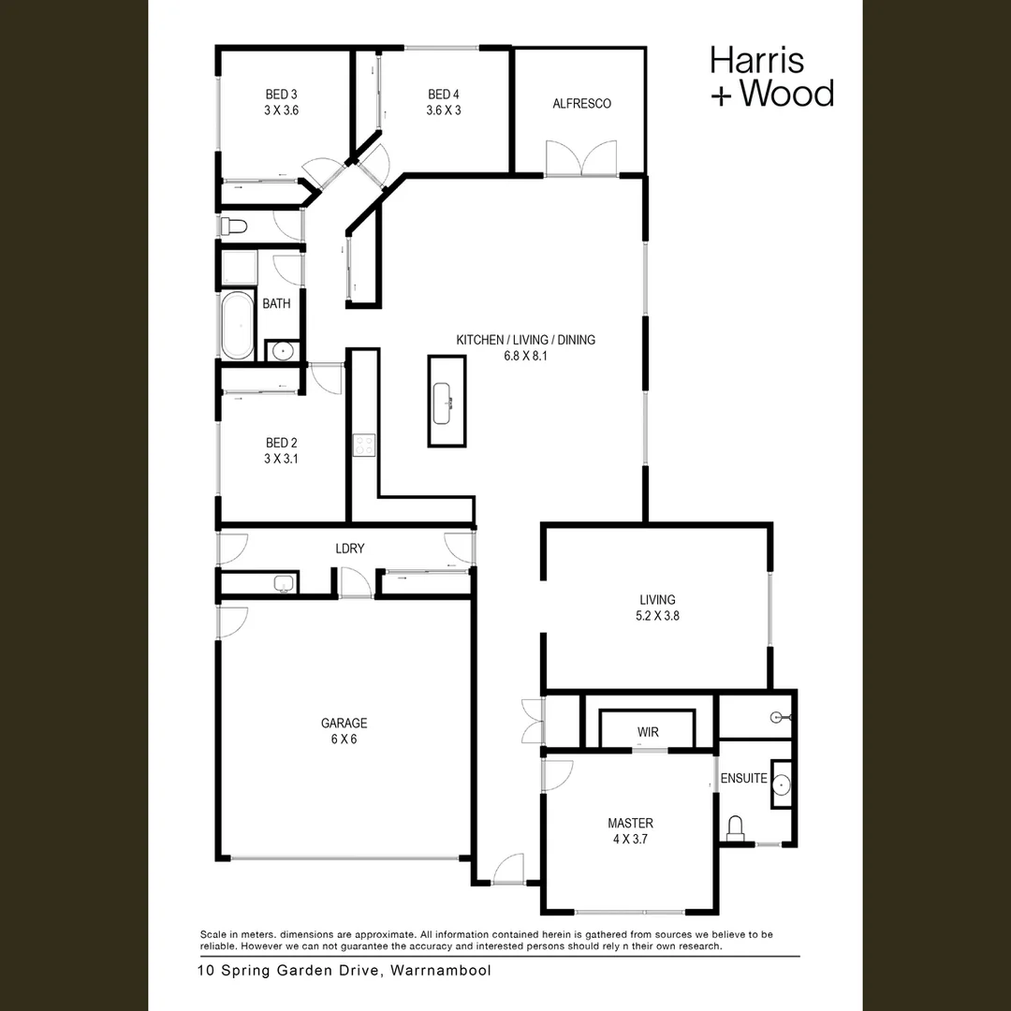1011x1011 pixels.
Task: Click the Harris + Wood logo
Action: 770,76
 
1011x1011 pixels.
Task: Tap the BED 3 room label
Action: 281,102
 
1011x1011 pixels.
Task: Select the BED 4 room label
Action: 444,102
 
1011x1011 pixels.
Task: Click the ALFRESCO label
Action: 581,104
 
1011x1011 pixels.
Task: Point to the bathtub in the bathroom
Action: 237,325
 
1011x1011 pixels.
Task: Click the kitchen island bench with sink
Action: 447,402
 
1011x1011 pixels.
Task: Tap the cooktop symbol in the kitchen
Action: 362,446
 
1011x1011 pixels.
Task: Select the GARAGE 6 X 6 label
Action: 344,731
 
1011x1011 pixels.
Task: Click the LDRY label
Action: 349,549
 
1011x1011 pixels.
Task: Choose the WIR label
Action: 648,731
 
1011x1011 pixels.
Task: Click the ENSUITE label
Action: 743,778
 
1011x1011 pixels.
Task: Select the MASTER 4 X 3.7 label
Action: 630,831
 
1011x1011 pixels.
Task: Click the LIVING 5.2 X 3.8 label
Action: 657,608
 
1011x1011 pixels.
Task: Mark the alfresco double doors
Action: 581,158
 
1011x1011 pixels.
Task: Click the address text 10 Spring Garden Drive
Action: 344,971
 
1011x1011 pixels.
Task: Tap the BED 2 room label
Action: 281,450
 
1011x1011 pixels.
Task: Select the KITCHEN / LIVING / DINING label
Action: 525,347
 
